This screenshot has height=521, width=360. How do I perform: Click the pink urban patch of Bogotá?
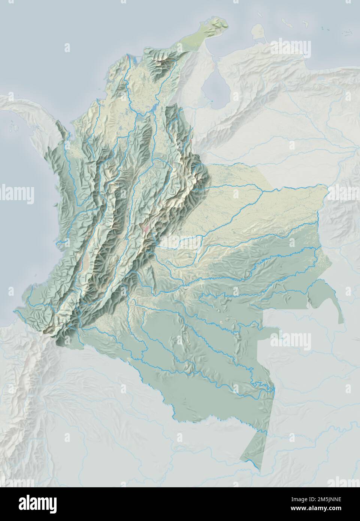(144, 228)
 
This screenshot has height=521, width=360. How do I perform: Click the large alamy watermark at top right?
(291, 47)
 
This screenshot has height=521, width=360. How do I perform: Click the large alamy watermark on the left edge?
(17, 194)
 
